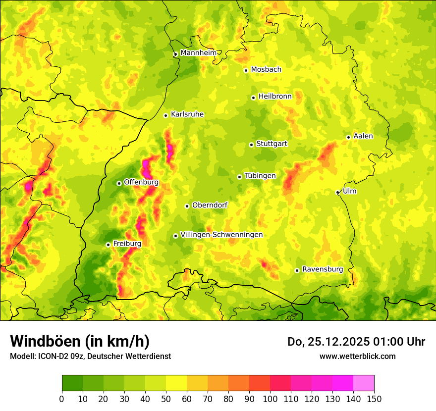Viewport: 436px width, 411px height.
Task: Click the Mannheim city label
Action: [199, 53]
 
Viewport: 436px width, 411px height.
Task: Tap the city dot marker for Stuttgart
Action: [251, 145]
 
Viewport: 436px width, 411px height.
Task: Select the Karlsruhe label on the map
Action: [187, 114]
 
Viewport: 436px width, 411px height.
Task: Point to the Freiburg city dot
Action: [108, 245]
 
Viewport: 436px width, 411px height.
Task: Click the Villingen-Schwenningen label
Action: [221, 235]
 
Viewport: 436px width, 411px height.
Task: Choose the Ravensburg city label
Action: [323, 269]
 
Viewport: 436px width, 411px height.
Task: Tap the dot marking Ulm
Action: [337, 192]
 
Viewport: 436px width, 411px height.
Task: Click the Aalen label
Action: [363, 136]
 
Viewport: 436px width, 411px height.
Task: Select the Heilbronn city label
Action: [275, 97]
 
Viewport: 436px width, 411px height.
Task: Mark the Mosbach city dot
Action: [246, 70]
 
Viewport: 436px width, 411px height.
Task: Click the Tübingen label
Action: [260, 176]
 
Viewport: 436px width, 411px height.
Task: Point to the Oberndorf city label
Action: [210, 205]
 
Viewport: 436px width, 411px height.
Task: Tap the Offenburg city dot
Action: [119, 183]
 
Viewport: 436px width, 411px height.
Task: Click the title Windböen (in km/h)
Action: [80, 341]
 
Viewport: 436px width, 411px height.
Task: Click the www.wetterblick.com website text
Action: [357, 356]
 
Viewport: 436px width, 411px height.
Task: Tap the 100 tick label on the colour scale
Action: [270, 399]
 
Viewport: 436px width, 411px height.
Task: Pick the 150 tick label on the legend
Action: [374, 399]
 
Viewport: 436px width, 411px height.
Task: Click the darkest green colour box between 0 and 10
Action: [72, 383]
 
